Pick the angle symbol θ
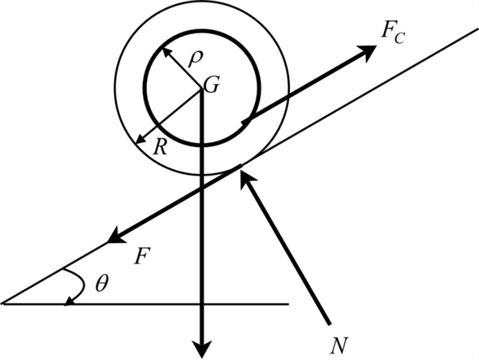pos(100,284)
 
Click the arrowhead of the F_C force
pos(371,50)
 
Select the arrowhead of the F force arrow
pos(113,240)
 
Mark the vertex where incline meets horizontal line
pos(3,304)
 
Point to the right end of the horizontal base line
pos(289,304)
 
